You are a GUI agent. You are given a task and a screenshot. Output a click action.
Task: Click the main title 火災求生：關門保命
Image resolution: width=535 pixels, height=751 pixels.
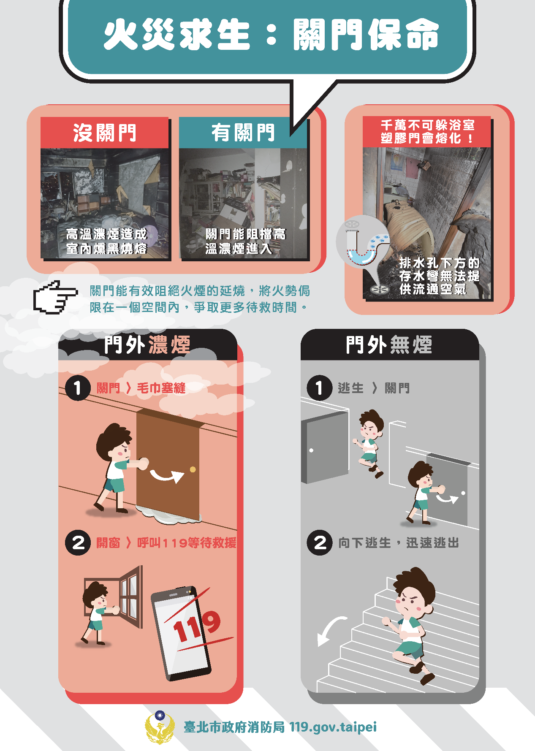pos(271,35)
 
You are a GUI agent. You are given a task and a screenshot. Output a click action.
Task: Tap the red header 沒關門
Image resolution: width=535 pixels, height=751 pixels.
pos(104,133)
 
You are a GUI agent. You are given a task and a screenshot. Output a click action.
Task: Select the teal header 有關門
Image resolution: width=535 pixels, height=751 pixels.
pos(243,133)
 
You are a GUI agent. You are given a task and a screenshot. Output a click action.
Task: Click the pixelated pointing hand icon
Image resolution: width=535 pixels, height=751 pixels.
pos(55,297)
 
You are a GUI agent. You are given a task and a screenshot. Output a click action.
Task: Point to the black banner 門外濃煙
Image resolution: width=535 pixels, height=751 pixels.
pos(147,344)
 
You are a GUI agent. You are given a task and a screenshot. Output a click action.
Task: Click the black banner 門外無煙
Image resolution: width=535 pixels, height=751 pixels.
pos(389,344)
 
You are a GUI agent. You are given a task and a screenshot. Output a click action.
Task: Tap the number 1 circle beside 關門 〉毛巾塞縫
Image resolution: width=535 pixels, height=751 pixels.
pos(78,388)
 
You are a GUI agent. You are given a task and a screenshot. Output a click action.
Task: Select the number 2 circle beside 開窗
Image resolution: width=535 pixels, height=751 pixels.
pos(78,542)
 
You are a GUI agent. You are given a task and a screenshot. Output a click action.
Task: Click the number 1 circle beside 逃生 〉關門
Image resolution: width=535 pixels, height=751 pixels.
pos(320,388)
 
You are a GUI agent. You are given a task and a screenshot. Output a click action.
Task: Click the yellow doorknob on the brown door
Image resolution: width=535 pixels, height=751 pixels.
pos(193,469)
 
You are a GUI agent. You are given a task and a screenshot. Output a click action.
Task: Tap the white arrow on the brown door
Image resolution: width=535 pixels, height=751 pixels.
pos(167,476)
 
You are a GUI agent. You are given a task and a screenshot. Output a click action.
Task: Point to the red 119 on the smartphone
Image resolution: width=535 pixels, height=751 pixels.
pos(197,626)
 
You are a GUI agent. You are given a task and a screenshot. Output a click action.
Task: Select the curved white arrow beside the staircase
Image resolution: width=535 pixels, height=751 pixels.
pos(329,630)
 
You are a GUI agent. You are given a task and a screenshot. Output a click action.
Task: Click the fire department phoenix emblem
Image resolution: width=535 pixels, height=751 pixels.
pos(160,727)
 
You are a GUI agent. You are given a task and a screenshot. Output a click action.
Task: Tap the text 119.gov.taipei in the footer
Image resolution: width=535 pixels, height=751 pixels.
pos(333,727)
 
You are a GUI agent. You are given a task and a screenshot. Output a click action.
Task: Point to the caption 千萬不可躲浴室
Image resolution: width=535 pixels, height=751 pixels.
pos(428,125)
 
